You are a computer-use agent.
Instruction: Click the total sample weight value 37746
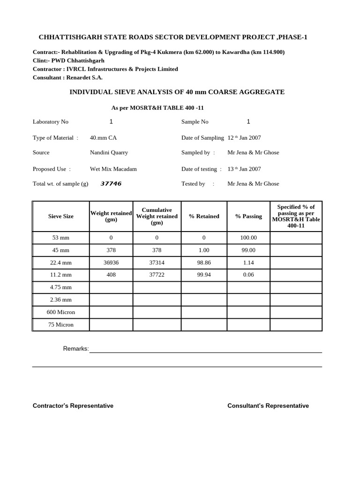pyautogui.click(x=111, y=184)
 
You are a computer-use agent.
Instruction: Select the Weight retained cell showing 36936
pyautogui.click(x=111, y=262)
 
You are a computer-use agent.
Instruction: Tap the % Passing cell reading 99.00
pyautogui.click(x=248, y=250)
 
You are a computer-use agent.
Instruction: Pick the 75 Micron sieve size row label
pyautogui.click(x=61, y=324)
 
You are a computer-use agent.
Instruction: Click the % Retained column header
pyautogui.click(x=204, y=216)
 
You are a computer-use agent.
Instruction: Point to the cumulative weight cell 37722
pyautogui.click(x=157, y=275)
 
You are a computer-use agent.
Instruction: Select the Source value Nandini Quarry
pyautogui.click(x=109, y=152)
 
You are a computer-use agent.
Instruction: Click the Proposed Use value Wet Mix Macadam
pyautogui.click(x=113, y=169)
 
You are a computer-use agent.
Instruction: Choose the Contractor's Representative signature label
pyautogui.click(x=73, y=406)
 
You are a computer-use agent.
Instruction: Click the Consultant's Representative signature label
pyautogui.click(x=268, y=406)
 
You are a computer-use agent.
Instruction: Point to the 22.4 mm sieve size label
pyautogui.click(x=61, y=262)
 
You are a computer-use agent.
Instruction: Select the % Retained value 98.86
pyautogui.click(x=204, y=262)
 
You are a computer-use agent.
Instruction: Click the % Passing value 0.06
pyautogui.click(x=248, y=275)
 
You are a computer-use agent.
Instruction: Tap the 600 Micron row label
pyautogui.click(x=61, y=312)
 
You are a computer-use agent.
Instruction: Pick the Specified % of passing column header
pyautogui.click(x=296, y=216)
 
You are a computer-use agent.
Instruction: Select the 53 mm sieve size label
pyautogui.click(x=61, y=238)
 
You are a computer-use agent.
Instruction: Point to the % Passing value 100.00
pyautogui.click(x=248, y=238)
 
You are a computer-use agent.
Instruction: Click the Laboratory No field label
pyautogui.click(x=51, y=122)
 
